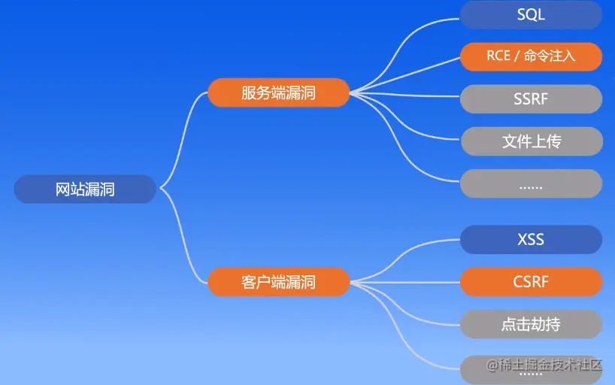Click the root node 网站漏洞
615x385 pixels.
(85, 189)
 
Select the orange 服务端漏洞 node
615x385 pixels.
(278, 93)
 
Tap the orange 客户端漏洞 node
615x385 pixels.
(278, 282)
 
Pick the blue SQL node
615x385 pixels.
(531, 15)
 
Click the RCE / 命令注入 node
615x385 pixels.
(531, 56)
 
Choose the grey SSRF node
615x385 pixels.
(531, 99)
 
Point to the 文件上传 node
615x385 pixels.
(531, 141)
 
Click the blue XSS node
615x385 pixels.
(531, 240)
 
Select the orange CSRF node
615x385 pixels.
(531, 282)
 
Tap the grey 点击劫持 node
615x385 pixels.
(531, 325)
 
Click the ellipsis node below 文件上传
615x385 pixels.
(531, 183)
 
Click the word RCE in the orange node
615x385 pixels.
(499, 56)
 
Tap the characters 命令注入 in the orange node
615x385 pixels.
(550, 56)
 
